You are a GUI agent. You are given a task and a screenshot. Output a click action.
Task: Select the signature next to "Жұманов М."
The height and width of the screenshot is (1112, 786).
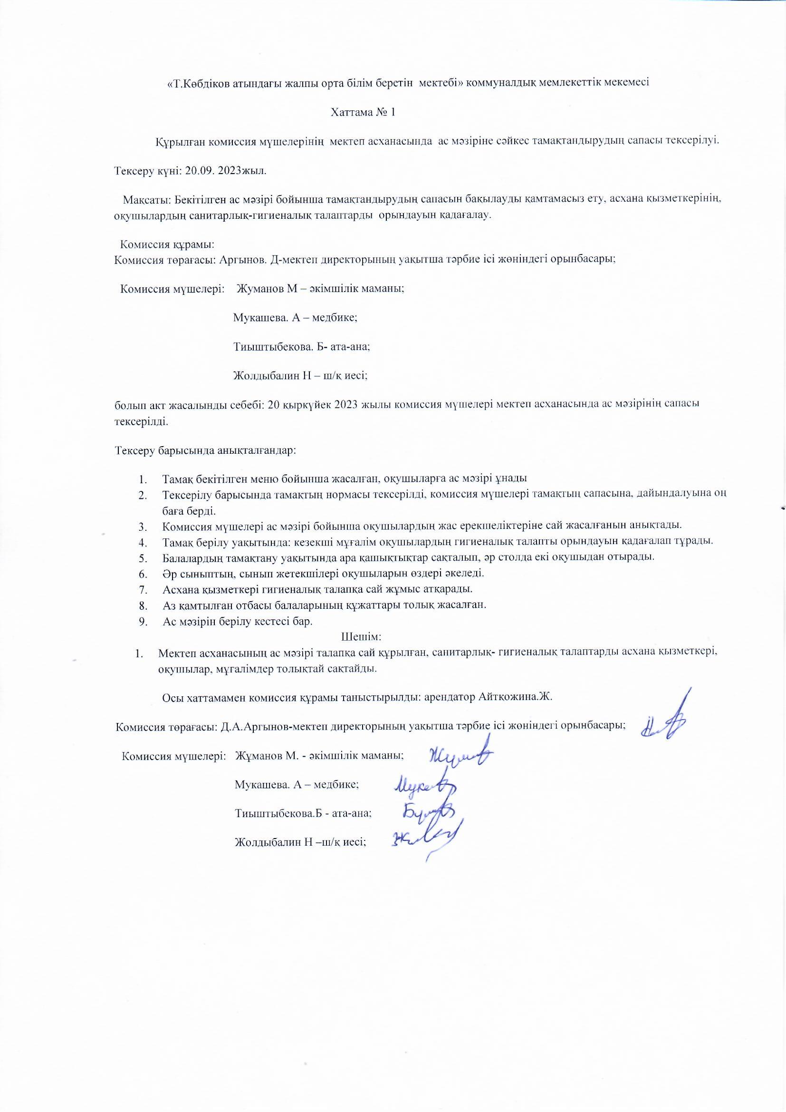[x=460, y=756]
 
